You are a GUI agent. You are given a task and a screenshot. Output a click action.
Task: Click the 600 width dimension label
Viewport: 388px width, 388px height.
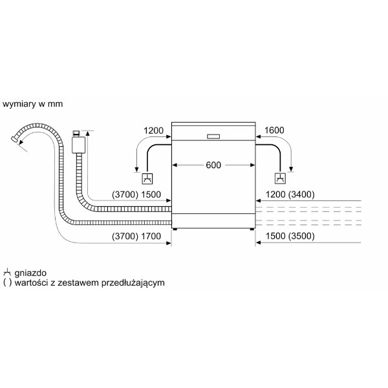click(x=213, y=165)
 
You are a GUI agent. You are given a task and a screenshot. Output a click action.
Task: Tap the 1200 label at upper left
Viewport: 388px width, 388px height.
click(x=153, y=131)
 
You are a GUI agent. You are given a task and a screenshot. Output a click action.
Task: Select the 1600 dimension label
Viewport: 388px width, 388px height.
click(x=274, y=130)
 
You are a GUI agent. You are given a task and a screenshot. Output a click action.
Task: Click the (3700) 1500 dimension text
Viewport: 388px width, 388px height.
click(x=136, y=195)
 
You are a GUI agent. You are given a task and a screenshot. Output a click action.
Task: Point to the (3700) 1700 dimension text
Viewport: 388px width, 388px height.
click(x=136, y=236)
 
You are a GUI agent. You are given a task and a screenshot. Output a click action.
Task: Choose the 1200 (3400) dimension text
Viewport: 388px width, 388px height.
click(x=290, y=195)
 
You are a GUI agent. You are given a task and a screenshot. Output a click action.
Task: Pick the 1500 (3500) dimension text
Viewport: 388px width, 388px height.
click(x=290, y=236)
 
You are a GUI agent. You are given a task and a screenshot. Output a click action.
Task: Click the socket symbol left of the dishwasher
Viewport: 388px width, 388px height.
click(x=147, y=178)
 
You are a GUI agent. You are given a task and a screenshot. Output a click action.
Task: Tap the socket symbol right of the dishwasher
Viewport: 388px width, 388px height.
click(x=280, y=178)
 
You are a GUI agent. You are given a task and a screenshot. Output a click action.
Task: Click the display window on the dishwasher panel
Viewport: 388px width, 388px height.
click(x=213, y=136)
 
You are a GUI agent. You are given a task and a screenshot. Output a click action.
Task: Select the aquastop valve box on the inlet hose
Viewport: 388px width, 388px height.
click(x=78, y=145)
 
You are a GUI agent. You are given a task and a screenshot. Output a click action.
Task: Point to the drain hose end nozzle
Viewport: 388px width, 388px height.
click(x=15, y=139)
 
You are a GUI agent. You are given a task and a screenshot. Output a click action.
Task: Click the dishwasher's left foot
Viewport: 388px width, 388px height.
click(x=175, y=229)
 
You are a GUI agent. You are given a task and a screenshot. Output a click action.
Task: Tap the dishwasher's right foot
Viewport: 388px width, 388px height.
click(x=252, y=229)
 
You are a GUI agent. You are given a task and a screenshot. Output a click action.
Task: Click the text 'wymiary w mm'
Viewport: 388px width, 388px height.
click(x=32, y=104)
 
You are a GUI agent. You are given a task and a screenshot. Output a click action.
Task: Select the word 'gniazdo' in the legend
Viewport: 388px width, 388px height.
click(x=30, y=273)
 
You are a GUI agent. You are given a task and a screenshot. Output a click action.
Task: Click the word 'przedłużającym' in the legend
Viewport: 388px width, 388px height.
click(x=133, y=283)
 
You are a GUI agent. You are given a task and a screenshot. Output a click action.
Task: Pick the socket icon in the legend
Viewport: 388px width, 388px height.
click(x=7, y=272)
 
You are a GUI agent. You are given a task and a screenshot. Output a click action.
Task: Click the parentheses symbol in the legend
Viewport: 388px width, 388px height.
click(x=7, y=283)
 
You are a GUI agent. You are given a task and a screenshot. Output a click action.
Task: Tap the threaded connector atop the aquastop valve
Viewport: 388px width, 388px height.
click(x=76, y=134)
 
